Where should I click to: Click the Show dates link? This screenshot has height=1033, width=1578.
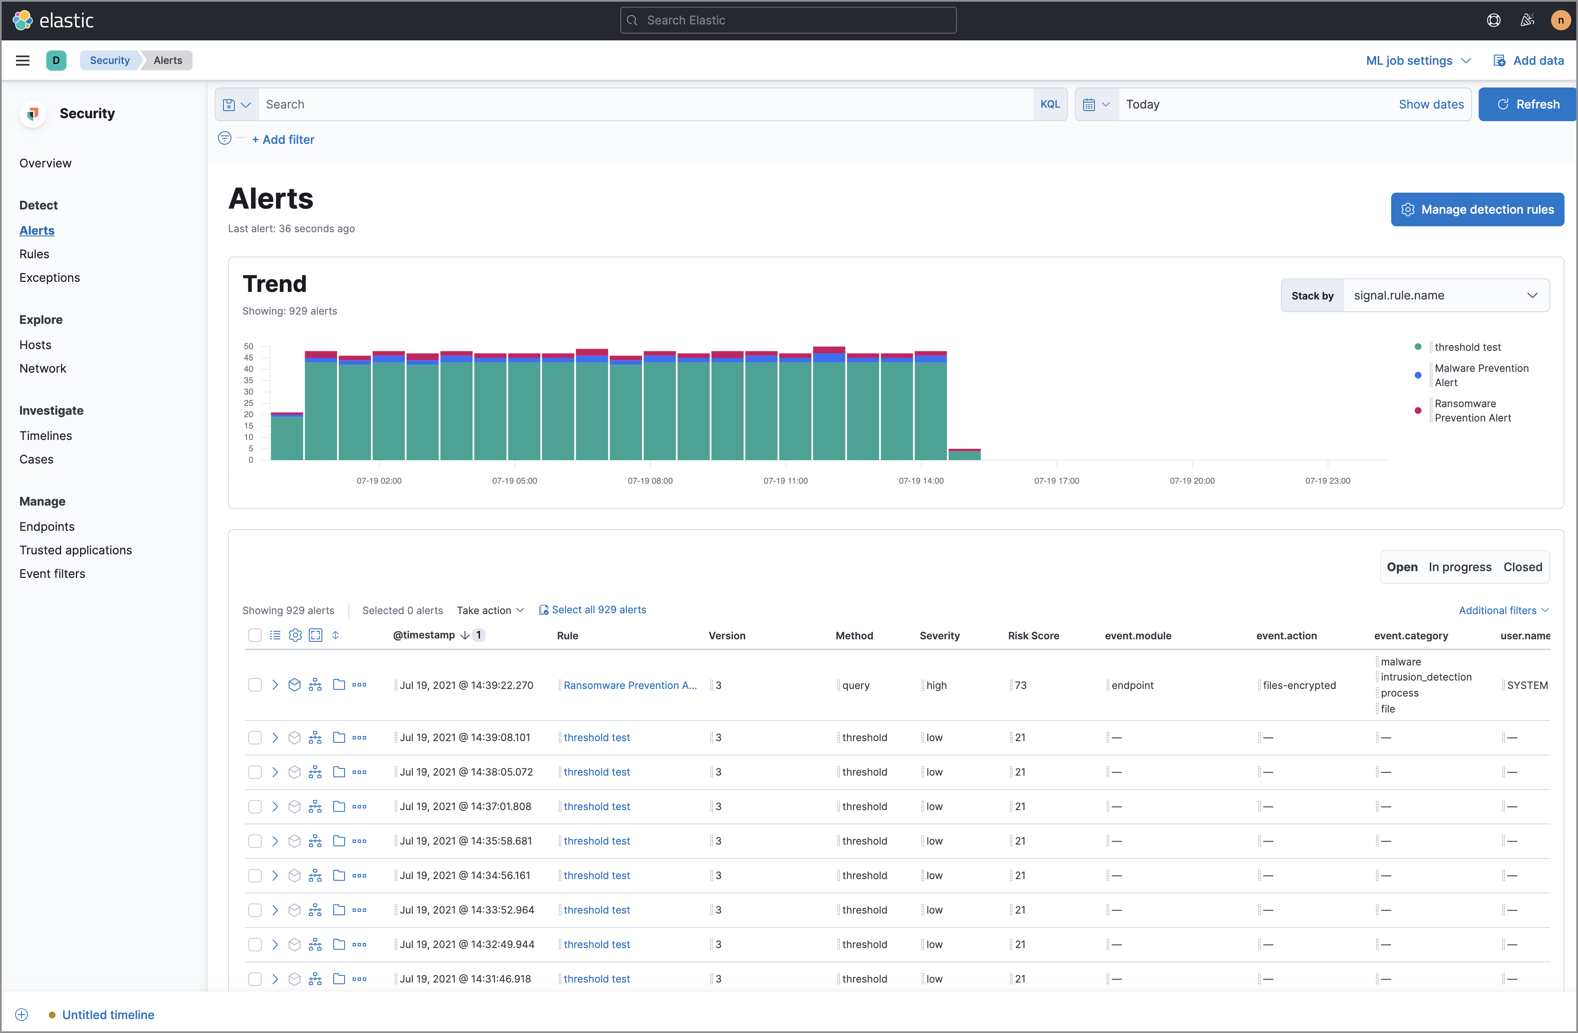click(1430, 104)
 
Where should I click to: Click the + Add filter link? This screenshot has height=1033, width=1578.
click(283, 140)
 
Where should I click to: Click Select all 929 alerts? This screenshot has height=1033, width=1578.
click(598, 609)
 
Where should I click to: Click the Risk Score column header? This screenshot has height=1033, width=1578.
click(1033, 636)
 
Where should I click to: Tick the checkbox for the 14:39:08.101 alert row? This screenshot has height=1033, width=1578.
click(255, 737)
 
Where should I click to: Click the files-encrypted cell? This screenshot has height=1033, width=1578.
click(1299, 685)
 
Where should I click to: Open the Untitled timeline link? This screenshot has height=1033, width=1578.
click(108, 1014)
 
